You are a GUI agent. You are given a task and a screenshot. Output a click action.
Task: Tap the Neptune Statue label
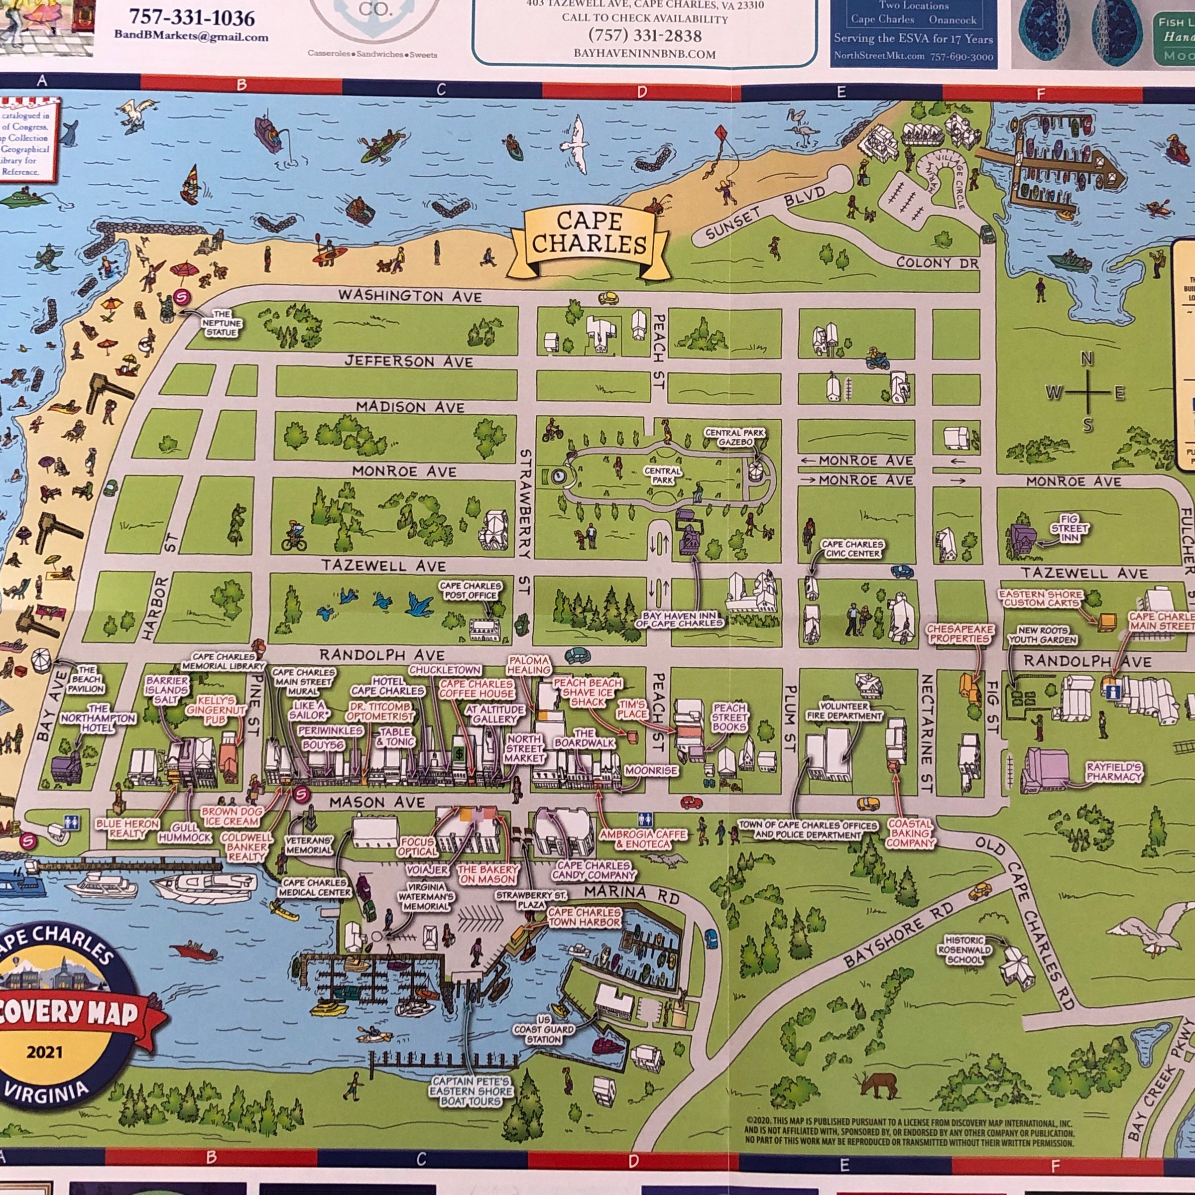click(222, 323)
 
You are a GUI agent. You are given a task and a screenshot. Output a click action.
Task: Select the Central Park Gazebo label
click(735, 437)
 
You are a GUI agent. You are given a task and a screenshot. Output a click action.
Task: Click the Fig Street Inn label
click(1069, 528)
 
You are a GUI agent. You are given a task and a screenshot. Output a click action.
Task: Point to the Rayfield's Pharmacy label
click(1114, 771)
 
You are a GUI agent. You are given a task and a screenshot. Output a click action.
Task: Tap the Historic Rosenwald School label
click(964, 950)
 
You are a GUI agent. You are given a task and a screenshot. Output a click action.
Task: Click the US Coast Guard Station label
click(544, 1030)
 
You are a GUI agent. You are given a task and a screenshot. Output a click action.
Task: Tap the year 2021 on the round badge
click(44, 1052)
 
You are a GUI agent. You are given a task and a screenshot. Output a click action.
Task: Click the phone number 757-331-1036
click(192, 17)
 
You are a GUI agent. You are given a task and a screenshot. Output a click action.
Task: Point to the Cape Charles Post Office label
click(470, 590)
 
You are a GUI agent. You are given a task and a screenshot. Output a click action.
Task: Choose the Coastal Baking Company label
click(910, 833)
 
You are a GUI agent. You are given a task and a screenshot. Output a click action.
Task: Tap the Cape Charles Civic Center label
click(852, 548)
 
